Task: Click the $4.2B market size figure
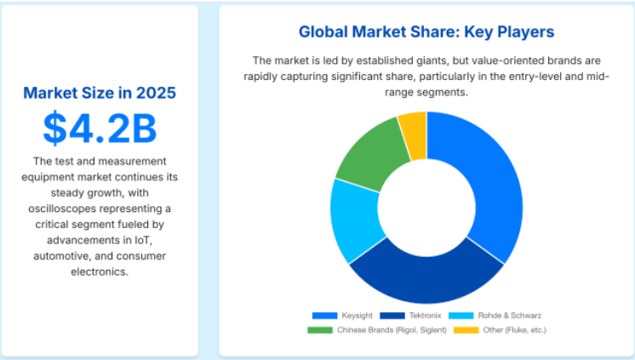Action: [100, 128]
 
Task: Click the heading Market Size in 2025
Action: [100, 92]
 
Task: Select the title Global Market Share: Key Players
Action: [426, 32]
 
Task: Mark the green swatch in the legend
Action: [321, 329]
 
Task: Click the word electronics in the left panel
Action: [100, 271]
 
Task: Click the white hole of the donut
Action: [426, 207]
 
